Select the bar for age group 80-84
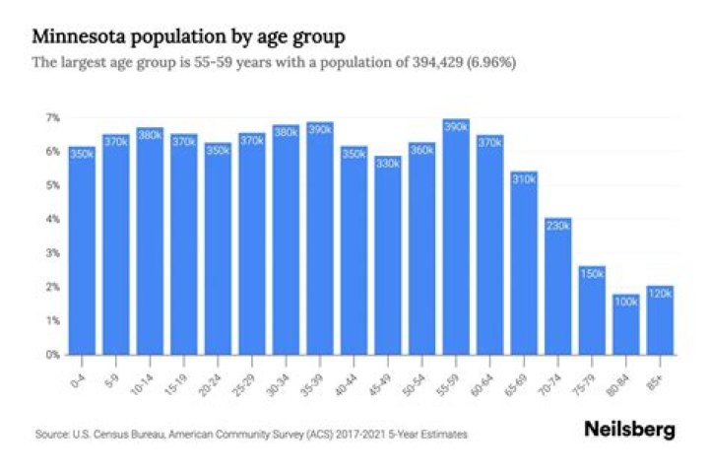pyautogui.click(x=626, y=325)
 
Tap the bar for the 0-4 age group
pyautogui.click(x=82, y=256)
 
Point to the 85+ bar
pyautogui.click(x=661, y=321)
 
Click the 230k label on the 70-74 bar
pyautogui.click(x=558, y=226)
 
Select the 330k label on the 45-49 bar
pyautogui.click(x=388, y=163)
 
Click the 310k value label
pyautogui.click(x=524, y=179)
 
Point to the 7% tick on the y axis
pyautogui.click(x=52, y=117)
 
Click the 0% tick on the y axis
pyautogui.click(x=52, y=354)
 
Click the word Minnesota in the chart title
pyautogui.click(x=78, y=37)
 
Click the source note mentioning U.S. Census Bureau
pyautogui.click(x=251, y=434)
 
